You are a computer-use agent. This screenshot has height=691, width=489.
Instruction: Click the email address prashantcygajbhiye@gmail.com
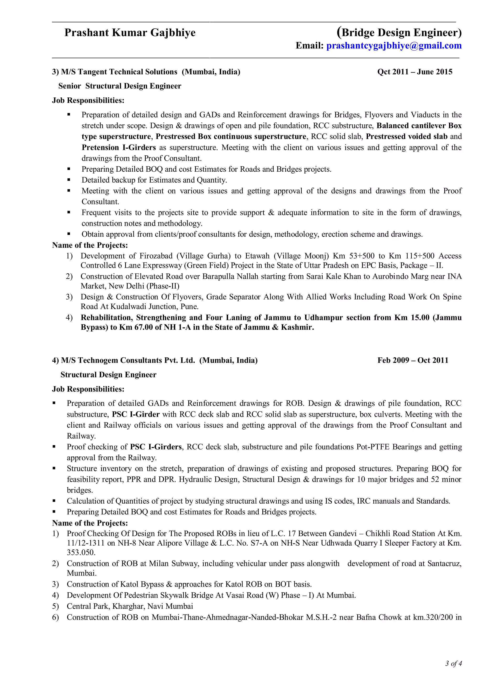[x=394, y=46]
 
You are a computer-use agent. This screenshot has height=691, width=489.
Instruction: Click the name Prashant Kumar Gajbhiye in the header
[x=130, y=32]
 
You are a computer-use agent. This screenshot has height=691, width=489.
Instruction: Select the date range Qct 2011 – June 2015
[x=415, y=72]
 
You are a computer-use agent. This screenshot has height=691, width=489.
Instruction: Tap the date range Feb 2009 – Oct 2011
[x=413, y=360]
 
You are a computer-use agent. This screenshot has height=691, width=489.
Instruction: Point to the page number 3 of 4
[x=453, y=663]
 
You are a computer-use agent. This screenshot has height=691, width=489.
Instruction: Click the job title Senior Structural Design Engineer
[x=120, y=86]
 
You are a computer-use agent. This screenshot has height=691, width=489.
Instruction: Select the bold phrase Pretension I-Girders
[x=119, y=148]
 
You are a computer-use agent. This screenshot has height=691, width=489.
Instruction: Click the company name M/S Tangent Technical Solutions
[x=119, y=72]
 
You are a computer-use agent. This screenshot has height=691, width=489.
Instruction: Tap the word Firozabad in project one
[x=156, y=256]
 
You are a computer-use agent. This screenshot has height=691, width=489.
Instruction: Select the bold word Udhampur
[x=323, y=318]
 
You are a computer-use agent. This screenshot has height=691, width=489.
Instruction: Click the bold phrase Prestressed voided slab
[x=406, y=137]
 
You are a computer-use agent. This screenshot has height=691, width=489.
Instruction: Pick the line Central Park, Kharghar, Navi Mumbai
[x=130, y=606]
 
